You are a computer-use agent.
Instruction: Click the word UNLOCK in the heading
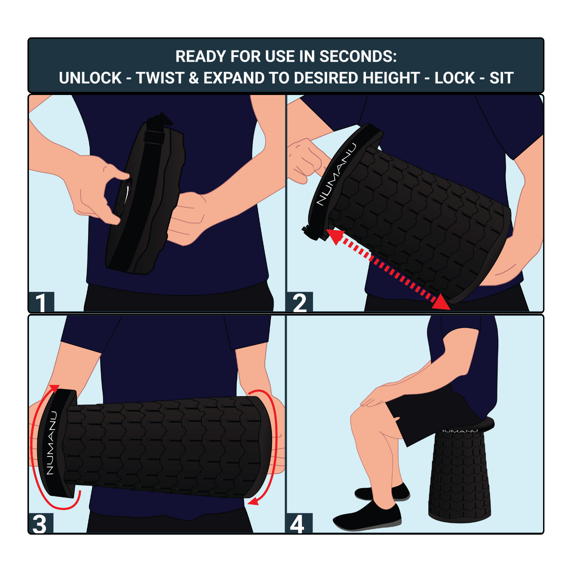click(90, 78)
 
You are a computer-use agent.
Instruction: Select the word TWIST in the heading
click(160, 78)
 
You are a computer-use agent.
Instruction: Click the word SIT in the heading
click(501, 78)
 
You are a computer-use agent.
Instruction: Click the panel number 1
click(41, 302)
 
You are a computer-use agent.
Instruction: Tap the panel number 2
click(299, 303)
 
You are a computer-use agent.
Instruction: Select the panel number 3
click(40, 524)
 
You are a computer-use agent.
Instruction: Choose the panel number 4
click(297, 524)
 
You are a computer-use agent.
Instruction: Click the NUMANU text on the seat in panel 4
click(460, 431)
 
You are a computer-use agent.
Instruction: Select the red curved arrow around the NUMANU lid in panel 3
click(36, 458)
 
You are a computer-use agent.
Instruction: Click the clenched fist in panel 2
click(305, 160)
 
